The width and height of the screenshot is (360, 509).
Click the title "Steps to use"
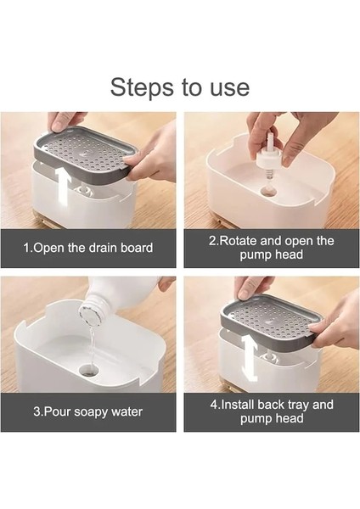(x=180, y=87)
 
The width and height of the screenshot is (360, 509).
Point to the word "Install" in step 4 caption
(x=238, y=405)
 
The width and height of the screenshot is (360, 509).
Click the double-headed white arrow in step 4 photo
(x=250, y=357)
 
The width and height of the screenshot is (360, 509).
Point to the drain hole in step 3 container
(x=88, y=369)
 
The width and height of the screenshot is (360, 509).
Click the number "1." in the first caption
(x=28, y=248)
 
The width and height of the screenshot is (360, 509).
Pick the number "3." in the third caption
(x=38, y=412)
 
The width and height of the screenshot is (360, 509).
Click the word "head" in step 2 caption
(x=289, y=255)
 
